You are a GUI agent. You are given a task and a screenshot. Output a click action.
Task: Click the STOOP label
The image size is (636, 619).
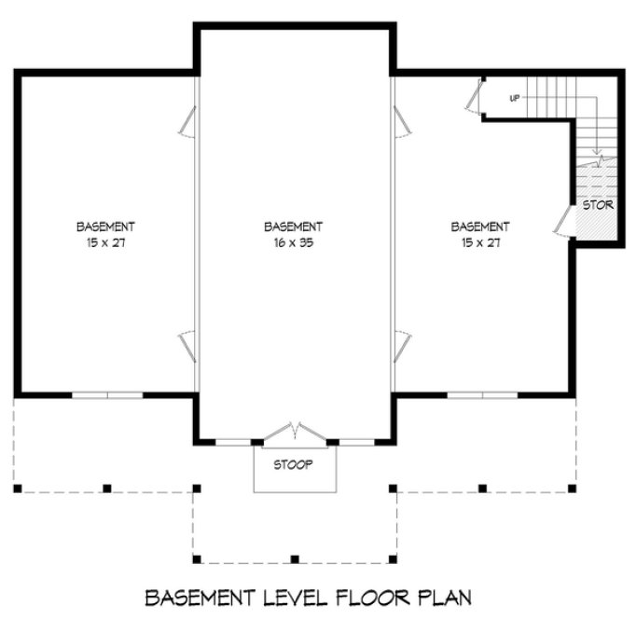[293, 463]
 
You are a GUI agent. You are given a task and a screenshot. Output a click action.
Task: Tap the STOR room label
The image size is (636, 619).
[598, 205]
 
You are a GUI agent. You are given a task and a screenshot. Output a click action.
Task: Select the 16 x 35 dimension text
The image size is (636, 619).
[293, 242]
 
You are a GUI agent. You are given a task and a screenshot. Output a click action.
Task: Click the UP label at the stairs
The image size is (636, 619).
[514, 98]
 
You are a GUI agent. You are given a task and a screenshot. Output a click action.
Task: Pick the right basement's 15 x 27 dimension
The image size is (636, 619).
[480, 242]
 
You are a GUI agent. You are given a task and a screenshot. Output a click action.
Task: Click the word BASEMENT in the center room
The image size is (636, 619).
[293, 227]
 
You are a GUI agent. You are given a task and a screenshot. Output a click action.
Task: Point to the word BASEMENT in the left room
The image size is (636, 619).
[105, 227]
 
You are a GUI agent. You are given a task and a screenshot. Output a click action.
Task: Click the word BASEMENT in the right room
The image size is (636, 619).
[480, 227]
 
